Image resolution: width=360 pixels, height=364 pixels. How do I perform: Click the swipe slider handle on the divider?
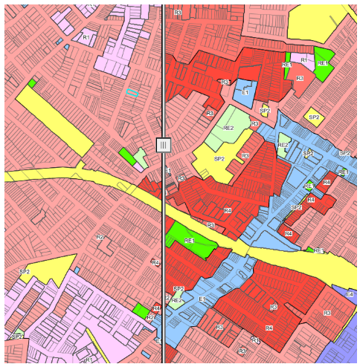[164, 145]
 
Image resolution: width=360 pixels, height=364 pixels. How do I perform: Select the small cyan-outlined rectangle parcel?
[132, 93]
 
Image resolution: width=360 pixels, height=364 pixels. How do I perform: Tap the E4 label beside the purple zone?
[349, 295]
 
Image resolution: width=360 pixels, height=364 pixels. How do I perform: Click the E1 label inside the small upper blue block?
[245, 93]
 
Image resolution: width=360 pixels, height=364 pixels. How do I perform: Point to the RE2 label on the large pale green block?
[228, 128]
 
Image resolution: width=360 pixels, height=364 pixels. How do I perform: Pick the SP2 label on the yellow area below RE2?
[219, 159]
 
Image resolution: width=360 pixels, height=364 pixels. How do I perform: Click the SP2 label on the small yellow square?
[314, 117]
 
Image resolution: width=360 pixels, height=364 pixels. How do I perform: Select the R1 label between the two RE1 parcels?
[303, 58]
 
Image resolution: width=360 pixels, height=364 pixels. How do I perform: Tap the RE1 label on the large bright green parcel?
[189, 241]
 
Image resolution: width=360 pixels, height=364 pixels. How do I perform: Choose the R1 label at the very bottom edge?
[89, 360]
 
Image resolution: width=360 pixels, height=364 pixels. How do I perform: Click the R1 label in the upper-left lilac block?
[86, 36]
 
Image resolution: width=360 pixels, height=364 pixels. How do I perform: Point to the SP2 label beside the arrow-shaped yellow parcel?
[24, 272]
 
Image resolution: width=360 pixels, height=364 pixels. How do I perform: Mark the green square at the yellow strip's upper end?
[32, 82]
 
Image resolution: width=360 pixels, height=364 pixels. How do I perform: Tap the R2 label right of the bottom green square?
[150, 317]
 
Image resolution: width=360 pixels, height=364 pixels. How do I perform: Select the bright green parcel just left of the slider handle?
[126, 156]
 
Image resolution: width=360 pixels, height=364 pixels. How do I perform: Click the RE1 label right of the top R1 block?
[323, 64]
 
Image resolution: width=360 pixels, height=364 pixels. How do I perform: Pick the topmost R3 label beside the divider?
[177, 13]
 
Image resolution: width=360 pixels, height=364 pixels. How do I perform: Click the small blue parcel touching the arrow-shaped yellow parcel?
[76, 270]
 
